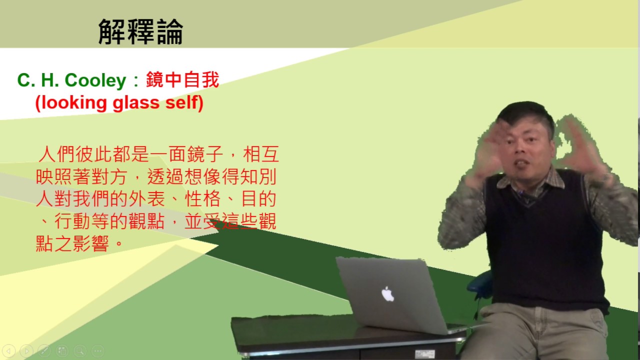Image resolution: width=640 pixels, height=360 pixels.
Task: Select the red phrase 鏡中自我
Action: point(182,80)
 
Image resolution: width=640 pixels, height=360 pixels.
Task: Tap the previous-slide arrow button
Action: point(8,350)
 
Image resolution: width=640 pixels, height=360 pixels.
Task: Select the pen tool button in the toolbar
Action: point(44,350)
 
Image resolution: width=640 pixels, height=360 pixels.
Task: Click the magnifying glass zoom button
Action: point(79,350)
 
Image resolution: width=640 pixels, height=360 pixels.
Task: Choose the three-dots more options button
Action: point(97,350)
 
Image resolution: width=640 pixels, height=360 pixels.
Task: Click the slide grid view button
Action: point(62,350)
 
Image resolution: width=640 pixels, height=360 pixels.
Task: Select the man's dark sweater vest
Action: point(545,240)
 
